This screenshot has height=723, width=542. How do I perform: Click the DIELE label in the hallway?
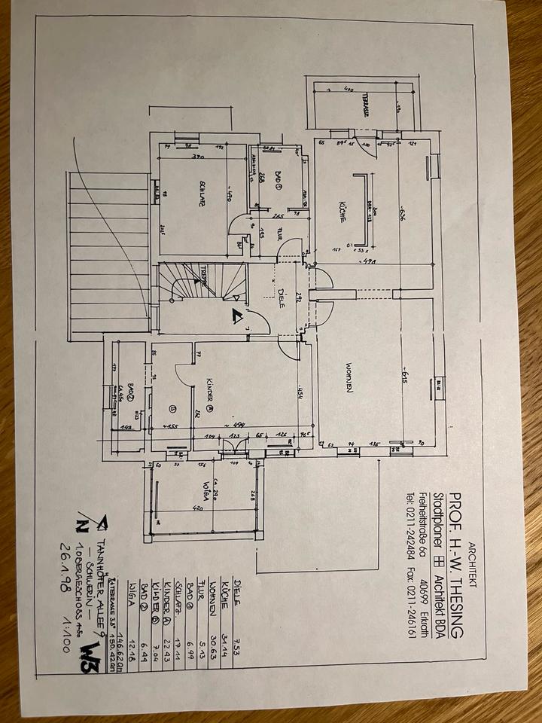[x=281, y=297]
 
